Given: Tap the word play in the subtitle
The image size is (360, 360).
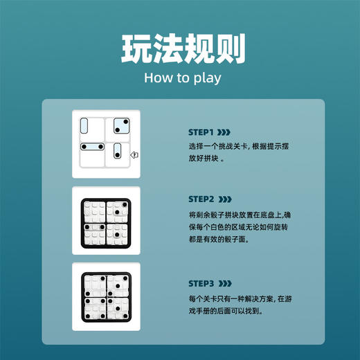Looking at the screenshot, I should click(207, 78).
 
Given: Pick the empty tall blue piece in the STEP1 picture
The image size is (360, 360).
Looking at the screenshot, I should click(84, 127).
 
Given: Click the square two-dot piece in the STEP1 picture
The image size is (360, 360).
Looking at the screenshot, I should click(120, 127).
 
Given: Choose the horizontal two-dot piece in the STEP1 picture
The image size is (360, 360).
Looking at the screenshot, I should click(91, 147).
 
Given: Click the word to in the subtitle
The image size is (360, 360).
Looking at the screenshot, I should click(181, 77).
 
